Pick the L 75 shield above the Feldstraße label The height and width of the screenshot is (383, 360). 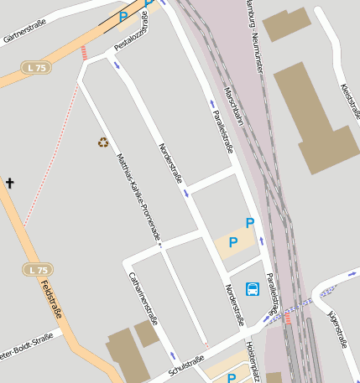(x=37, y=270)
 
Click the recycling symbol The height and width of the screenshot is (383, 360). (x=103, y=142)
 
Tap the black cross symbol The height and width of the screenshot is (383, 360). (x=10, y=183)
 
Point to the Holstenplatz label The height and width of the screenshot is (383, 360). (x=253, y=355)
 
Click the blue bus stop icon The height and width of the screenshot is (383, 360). (x=253, y=289)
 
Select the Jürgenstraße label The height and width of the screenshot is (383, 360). (x=338, y=328)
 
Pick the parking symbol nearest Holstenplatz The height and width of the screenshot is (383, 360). (x=232, y=377)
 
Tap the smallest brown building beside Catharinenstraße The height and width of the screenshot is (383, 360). (x=147, y=334)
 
